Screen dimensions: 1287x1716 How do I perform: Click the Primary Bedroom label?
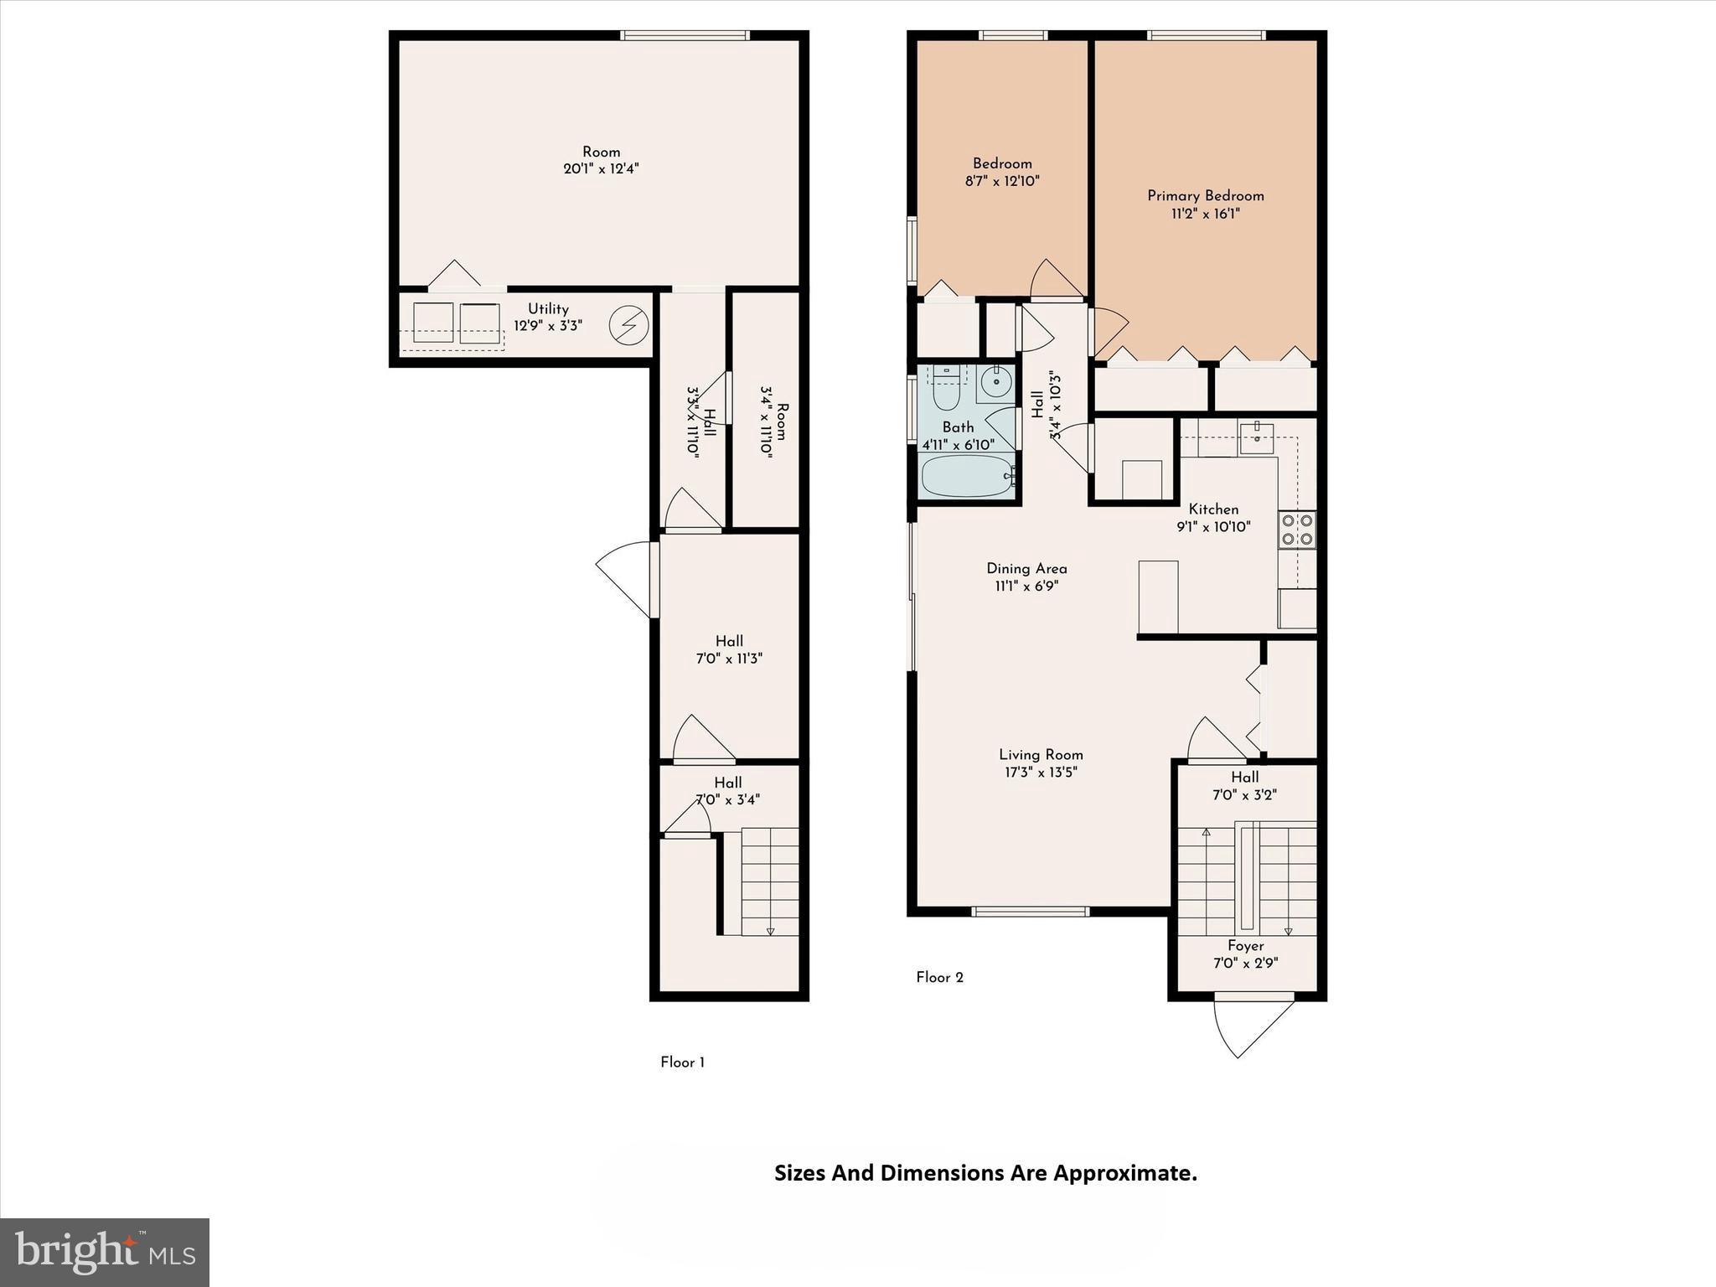click(x=1205, y=196)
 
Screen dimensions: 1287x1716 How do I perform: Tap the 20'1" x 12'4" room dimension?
click(x=601, y=169)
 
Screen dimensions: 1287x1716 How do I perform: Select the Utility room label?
click(x=548, y=309)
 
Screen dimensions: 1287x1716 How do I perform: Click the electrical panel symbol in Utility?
click(x=628, y=325)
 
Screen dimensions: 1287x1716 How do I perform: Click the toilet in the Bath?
click(x=947, y=388)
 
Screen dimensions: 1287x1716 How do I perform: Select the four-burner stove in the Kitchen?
click(x=1296, y=530)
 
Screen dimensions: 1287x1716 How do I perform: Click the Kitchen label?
click(x=1212, y=509)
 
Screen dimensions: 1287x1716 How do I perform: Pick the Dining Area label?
click(x=1026, y=569)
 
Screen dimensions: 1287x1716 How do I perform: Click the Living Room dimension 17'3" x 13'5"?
click(x=1041, y=773)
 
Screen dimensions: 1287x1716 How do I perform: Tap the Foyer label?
click(x=1245, y=946)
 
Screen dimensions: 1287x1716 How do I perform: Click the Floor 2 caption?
click(x=939, y=978)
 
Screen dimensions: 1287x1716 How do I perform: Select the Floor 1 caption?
click(x=682, y=1062)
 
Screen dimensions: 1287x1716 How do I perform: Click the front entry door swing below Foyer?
click(x=1253, y=1026)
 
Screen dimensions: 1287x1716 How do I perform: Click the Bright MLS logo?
click(x=105, y=1253)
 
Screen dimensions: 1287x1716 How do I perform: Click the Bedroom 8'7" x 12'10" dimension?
click(x=1002, y=181)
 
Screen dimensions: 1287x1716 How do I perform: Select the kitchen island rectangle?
click(x=1158, y=597)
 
